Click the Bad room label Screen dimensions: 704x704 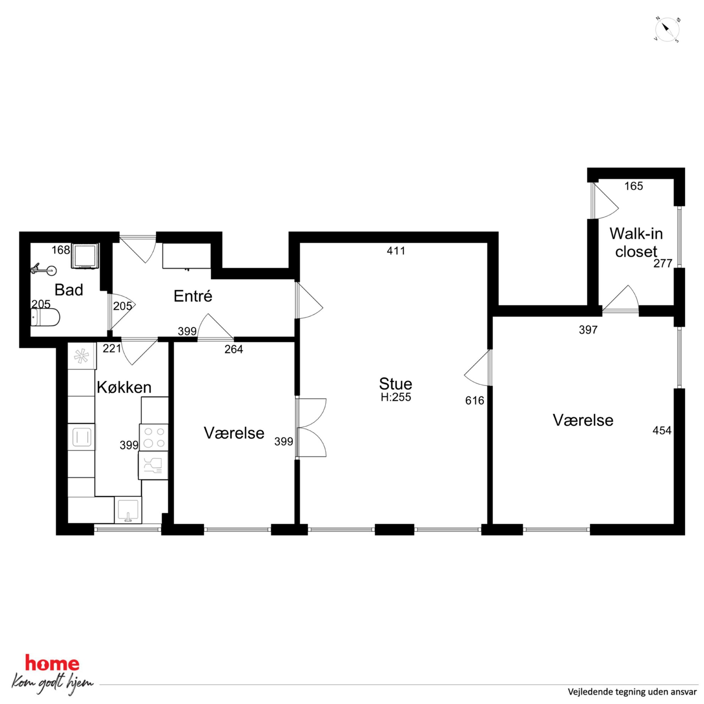click(x=69, y=290)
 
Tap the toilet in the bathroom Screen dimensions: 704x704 click(x=45, y=317)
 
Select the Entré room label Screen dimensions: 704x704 click(x=193, y=296)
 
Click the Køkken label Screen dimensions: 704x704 click(x=124, y=387)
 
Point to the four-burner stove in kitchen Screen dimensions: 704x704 click(x=154, y=438)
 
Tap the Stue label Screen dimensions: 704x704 click(x=395, y=384)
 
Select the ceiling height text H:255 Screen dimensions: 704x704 click(x=396, y=397)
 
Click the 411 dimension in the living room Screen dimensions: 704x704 click(x=396, y=251)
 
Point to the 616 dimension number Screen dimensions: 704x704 click(x=474, y=401)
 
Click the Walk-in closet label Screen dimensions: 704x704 click(x=636, y=242)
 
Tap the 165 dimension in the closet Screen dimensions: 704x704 click(x=634, y=186)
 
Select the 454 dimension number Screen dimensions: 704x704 click(x=662, y=431)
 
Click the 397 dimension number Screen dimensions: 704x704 click(x=588, y=330)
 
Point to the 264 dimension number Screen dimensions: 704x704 click(x=233, y=349)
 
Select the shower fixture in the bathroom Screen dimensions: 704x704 click(x=44, y=270)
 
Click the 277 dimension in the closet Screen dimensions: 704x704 click(x=662, y=263)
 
